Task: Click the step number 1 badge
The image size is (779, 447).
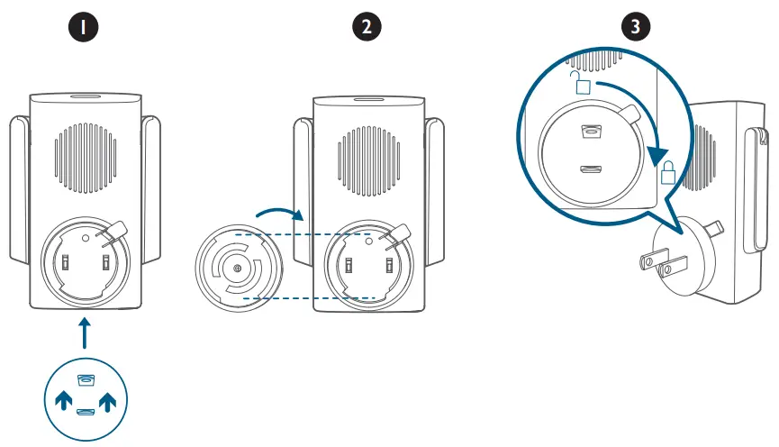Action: click(86, 28)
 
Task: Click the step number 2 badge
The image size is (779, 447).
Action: click(366, 28)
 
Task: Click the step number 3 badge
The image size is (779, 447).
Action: click(637, 28)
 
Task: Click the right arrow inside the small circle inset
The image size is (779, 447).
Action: click(108, 400)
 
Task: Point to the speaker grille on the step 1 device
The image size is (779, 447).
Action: click(87, 160)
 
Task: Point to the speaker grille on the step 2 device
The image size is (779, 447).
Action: click(368, 160)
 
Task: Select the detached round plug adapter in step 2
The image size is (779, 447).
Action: click(237, 269)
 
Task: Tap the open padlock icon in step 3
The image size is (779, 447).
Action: click(582, 87)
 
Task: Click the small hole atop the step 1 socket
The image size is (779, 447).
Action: click(86, 238)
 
